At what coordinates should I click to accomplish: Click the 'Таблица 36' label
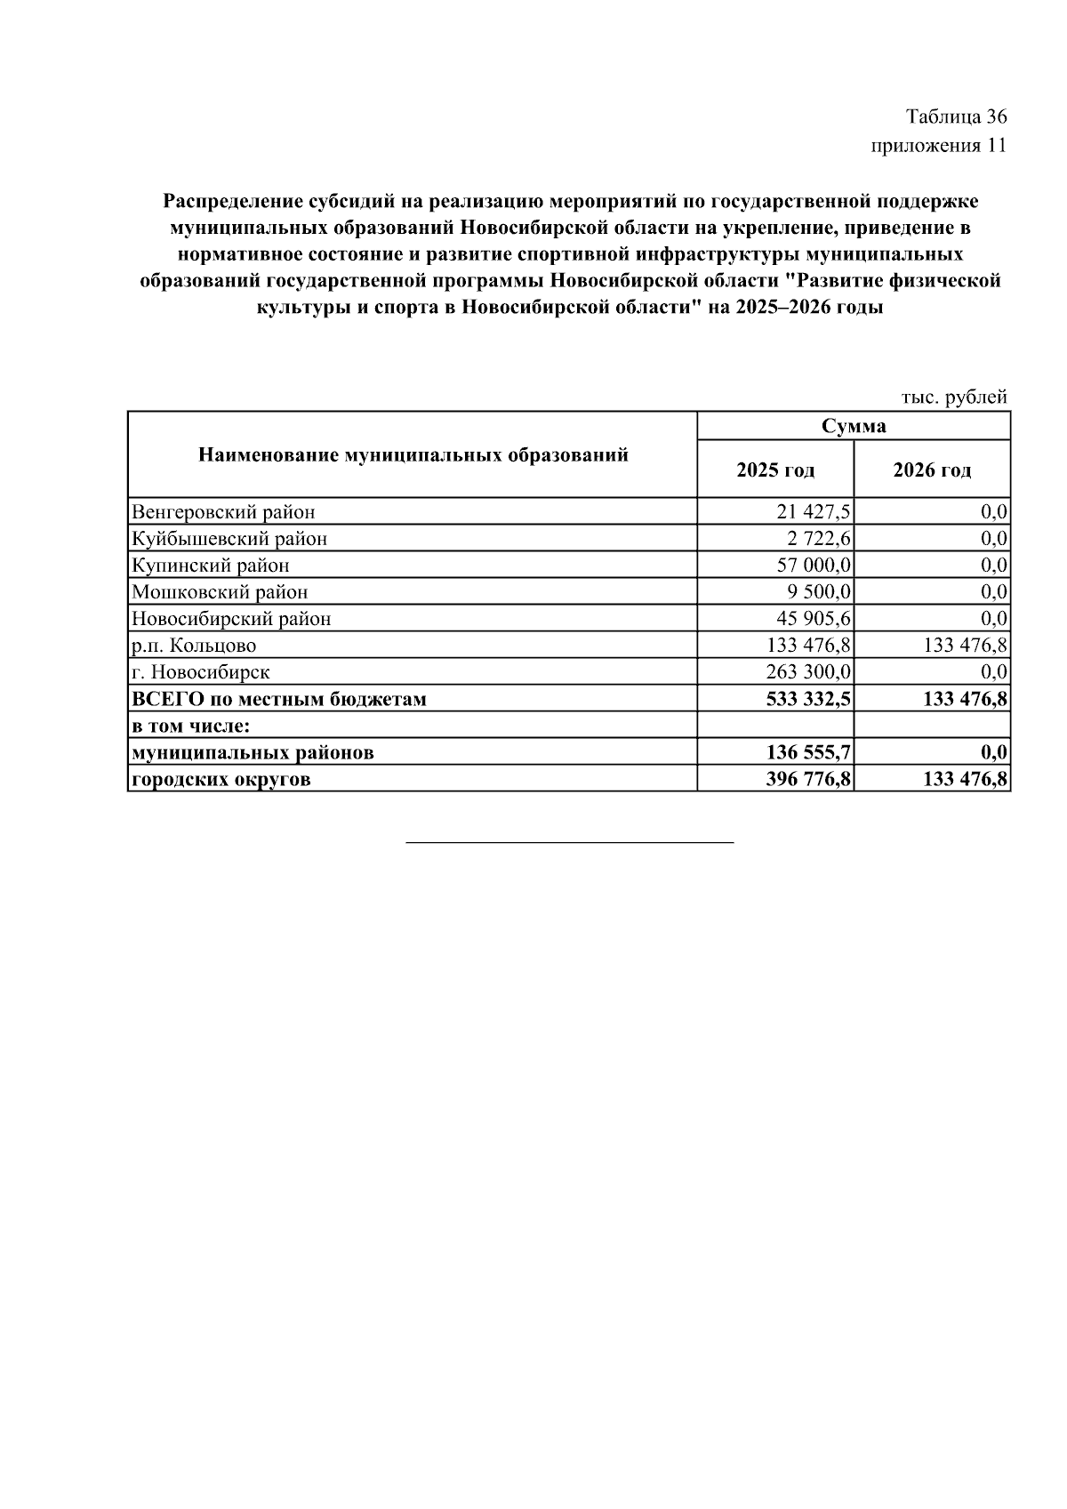point(956,116)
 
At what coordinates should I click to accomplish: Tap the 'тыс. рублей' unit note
point(954,397)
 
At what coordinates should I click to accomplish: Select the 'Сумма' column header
point(854,426)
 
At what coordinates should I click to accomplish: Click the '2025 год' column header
point(775,470)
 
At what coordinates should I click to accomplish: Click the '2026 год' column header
point(932,470)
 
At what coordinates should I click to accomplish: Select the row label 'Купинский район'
point(211,566)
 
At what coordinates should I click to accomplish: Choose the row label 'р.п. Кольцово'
point(194,646)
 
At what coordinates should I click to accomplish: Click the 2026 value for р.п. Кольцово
point(965,646)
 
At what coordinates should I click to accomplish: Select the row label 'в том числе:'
point(190,726)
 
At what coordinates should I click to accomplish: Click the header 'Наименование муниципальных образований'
point(413,455)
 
